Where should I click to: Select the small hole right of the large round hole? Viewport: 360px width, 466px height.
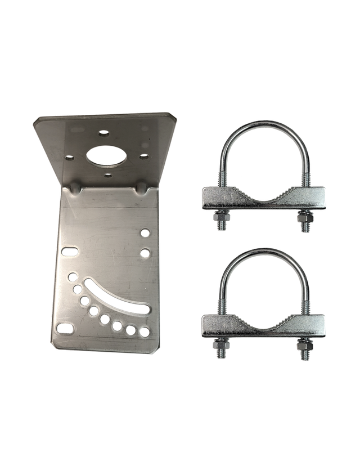coord(144,156)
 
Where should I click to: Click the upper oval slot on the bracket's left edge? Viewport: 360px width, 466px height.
coord(70,252)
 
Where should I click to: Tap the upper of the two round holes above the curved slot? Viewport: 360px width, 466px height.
coord(145,232)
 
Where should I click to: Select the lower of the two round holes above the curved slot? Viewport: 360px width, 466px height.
coord(145,253)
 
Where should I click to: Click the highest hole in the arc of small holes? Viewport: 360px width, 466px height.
coord(73,277)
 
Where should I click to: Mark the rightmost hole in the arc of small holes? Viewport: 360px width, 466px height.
coord(145,332)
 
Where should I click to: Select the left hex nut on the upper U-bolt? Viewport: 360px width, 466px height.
coord(221,216)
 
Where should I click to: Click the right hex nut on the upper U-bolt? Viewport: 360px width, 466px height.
coord(305,216)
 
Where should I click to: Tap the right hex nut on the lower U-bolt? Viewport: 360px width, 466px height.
coord(305,343)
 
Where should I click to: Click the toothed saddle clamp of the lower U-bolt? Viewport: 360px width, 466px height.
coord(263,326)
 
